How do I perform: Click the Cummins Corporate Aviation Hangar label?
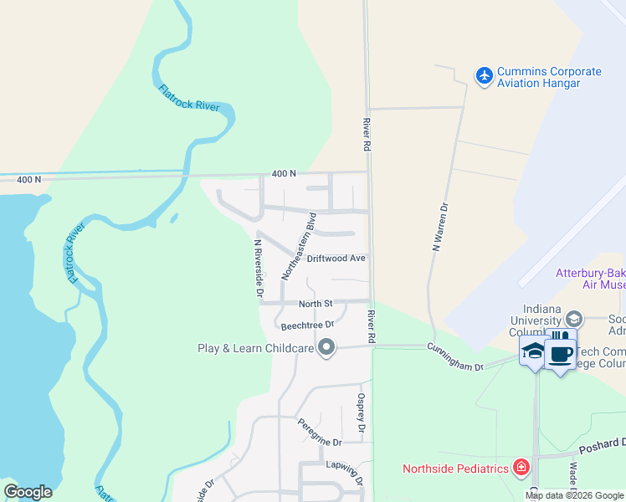click(x=549, y=77)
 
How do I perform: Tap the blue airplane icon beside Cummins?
click(x=484, y=76)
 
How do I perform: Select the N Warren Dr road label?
click(x=436, y=227)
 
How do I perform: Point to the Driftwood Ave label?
click(x=336, y=259)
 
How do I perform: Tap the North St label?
click(x=316, y=303)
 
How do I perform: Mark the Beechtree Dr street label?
click(x=307, y=325)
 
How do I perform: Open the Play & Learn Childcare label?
click(x=255, y=348)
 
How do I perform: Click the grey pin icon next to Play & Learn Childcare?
click(x=327, y=347)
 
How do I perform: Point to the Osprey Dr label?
click(x=362, y=412)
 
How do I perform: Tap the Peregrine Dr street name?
click(x=320, y=433)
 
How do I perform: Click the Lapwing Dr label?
click(x=344, y=474)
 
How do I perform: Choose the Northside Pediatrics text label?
click(x=455, y=469)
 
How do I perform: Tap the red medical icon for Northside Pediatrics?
click(x=521, y=467)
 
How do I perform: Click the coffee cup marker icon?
click(x=561, y=353)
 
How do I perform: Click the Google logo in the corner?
click(x=28, y=491)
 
